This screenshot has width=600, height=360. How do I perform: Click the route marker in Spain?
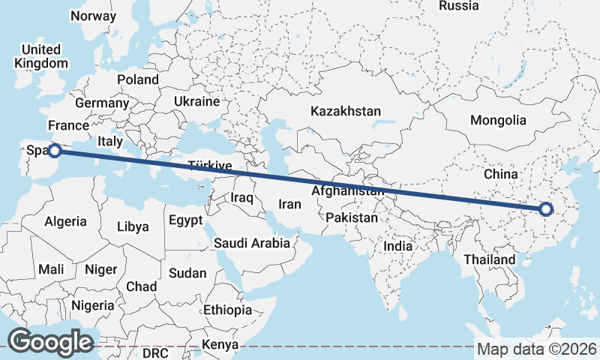tap(54, 151)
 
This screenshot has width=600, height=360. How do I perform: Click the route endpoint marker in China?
tap(545, 210)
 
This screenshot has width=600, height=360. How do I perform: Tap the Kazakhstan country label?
tap(346, 111)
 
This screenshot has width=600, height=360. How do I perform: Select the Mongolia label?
tap(498, 120)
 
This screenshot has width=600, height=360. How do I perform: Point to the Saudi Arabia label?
tap(251, 243)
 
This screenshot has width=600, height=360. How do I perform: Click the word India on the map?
tap(397, 246)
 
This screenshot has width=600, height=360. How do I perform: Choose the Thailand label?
tap(489, 259)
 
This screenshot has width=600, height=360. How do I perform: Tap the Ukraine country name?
tap(196, 101)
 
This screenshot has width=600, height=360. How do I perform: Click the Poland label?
tap(138, 79)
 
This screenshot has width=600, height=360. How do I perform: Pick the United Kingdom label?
tap(41, 56)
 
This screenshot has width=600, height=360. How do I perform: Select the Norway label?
tap(92, 16)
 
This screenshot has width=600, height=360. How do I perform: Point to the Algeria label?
tap(66, 222)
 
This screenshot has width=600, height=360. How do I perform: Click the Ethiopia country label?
tap(227, 310)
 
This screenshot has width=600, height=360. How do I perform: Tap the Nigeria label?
tap(93, 305)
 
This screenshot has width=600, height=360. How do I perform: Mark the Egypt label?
tap(185, 220)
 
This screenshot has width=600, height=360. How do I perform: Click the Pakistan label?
tap(352, 217)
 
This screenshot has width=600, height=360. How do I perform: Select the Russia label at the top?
tap(458, 6)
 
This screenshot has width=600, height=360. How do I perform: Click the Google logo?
tap(50, 341)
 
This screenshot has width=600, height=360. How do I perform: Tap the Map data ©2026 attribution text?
tap(537, 349)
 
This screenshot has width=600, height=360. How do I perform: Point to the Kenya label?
tap(220, 345)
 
